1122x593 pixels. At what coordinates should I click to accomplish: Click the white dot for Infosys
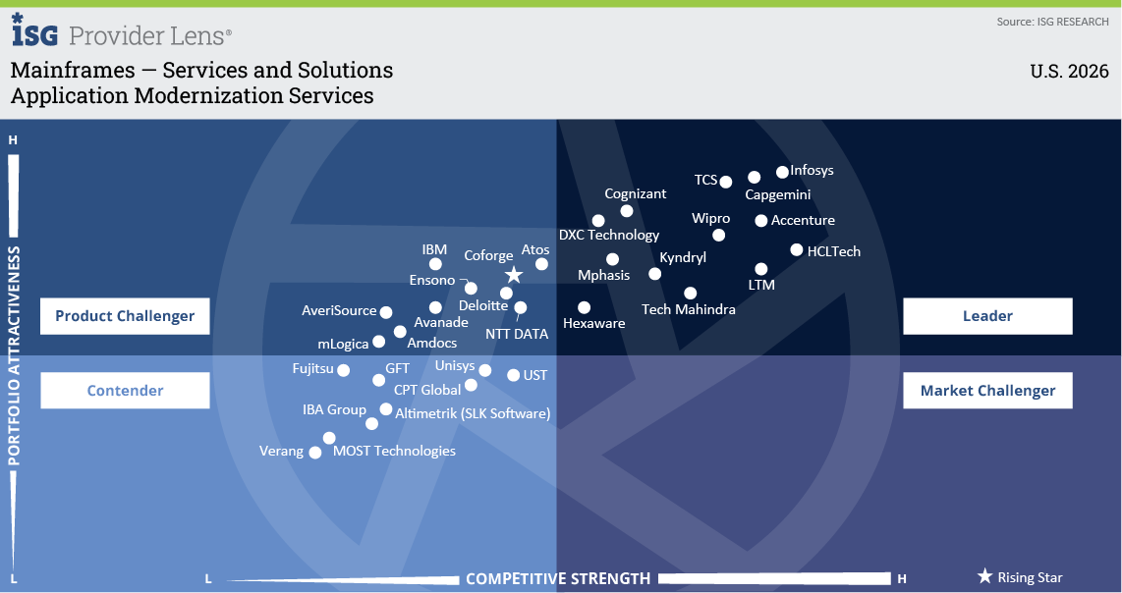click(x=782, y=172)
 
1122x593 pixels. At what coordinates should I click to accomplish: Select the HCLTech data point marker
click(x=797, y=249)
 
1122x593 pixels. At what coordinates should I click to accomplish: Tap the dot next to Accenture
click(x=761, y=221)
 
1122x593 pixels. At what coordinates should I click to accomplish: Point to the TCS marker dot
click(x=726, y=182)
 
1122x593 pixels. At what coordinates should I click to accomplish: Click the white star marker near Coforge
click(x=514, y=275)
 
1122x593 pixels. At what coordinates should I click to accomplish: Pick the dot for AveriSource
click(x=386, y=312)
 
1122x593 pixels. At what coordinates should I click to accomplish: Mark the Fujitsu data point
click(x=344, y=370)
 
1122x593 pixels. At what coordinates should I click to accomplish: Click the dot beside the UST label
click(x=513, y=375)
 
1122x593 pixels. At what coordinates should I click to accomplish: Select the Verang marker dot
click(x=314, y=452)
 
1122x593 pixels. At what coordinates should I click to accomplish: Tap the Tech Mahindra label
click(x=689, y=309)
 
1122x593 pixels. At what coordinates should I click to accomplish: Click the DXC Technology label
click(x=609, y=235)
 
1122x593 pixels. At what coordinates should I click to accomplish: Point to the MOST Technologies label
click(x=394, y=451)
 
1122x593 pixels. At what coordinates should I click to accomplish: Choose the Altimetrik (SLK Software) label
click(x=473, y=413)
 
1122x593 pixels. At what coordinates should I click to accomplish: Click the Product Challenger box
click(x=125, y=316)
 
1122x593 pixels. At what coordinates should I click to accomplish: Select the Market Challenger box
click(x=987, y=391)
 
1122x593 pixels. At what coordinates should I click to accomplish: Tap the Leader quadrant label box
click(x=987, y=316)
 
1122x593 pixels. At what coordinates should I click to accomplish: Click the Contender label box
click(x=125, y=391)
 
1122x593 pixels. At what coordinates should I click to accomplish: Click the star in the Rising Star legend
click(x=984, y=576)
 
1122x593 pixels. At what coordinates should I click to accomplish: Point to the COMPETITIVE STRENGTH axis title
click(x=558, y=578)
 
